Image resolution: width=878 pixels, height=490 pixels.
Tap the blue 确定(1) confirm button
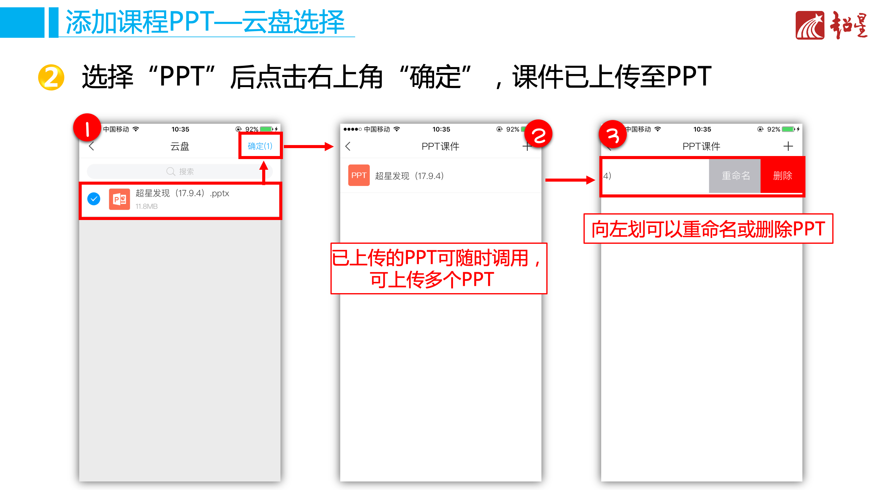(x=260, y=146)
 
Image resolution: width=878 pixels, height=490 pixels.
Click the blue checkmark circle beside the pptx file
(x=94, y=199)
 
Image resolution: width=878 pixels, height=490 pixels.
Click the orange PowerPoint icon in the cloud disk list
(x=119, y=199)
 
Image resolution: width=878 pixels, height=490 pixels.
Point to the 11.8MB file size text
(x=146, y=207)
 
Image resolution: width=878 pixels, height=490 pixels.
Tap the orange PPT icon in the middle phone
(x=359, y=176)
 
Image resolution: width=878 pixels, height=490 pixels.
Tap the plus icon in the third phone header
(x=788, y=147)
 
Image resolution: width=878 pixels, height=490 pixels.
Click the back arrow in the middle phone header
(x=348, y=147)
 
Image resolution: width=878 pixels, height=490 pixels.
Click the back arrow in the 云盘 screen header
(x=91, y=147)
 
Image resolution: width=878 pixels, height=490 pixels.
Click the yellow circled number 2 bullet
(x=51, y=77)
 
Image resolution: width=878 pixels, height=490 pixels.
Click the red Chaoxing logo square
(x=809, y=25)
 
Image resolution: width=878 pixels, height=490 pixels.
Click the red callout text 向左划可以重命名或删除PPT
(x=708, y=229)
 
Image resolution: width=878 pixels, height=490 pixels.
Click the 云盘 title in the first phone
(x=180, y=147)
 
